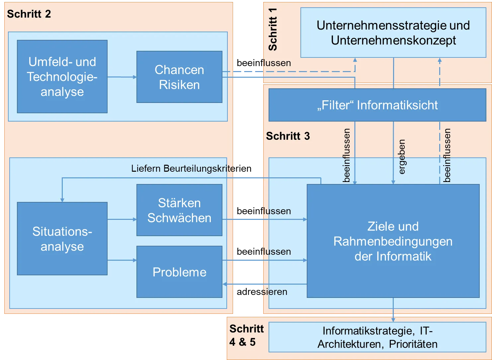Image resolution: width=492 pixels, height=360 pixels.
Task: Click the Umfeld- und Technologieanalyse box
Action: click(62, 77)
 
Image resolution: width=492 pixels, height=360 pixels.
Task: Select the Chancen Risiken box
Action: click(179, 77)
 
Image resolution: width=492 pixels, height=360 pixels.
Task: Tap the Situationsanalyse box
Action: click(62, 239)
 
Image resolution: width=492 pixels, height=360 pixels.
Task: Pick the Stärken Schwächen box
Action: click(179, 210)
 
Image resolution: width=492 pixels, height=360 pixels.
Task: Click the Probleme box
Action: click(179, 272)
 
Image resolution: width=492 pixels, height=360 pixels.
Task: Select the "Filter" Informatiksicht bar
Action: click(377, 105)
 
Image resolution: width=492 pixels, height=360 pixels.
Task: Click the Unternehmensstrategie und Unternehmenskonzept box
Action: click(393, 33)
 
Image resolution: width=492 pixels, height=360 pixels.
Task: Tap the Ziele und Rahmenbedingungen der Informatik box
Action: click(393, 241)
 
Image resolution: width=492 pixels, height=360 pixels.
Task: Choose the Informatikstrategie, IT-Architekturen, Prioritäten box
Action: click(377, 337)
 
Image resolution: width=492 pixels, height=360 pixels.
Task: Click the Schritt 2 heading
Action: click(29, 14)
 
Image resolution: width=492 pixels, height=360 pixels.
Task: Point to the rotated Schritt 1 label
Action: click(273, 30)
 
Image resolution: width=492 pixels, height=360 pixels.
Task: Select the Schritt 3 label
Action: click(288, 136)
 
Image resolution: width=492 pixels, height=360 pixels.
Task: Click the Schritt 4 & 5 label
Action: click(246, 335)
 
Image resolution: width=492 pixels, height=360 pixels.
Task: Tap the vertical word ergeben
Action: click(402, 156)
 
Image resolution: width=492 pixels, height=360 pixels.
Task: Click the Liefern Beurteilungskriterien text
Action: click(183, 169)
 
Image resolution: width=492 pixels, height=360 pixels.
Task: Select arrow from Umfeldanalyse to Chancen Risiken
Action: click(122, 77)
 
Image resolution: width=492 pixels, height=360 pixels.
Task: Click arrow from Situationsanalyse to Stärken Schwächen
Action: click(122, 219)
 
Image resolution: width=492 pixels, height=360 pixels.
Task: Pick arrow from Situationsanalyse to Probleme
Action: click(122, 260)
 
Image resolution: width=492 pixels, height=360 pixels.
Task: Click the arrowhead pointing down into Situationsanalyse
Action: click(62, 200)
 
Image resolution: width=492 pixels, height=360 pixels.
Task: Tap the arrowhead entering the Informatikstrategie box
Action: click(393, 320)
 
